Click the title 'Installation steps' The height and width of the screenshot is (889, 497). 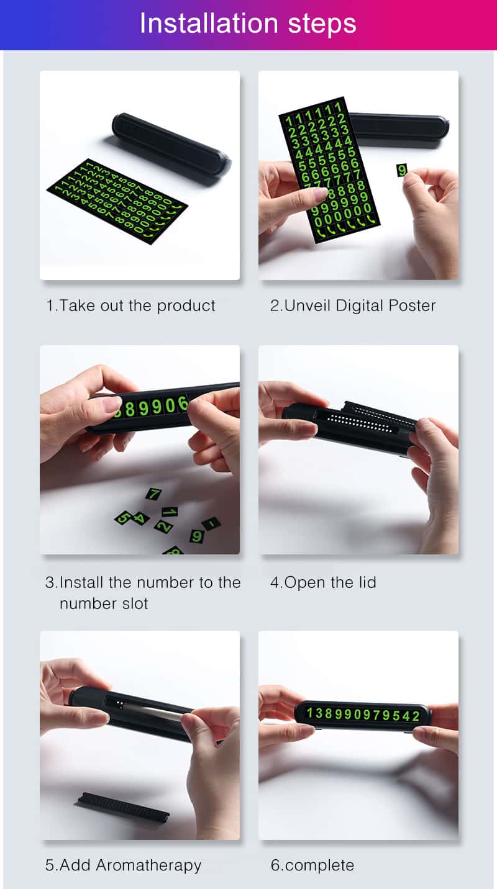pos(247,24)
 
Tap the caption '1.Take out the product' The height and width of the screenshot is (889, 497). pos(130,306)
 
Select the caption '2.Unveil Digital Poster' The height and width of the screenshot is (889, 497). pos(353,305)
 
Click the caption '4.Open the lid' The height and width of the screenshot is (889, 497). pos(323,582)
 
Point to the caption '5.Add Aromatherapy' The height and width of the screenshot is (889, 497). pos(123,865)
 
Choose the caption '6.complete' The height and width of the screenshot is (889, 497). pos(312,865)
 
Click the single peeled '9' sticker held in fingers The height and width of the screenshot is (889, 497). pos(402,170)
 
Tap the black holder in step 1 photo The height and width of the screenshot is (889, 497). pos(171,143)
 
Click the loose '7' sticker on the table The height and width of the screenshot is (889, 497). pos(153,494)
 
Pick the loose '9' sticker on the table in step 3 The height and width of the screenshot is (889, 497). pos(197,536)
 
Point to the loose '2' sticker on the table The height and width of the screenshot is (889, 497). pos(163,526)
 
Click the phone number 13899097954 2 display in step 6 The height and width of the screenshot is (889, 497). pos(363,715)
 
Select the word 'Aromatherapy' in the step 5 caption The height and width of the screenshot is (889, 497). pos(148,865)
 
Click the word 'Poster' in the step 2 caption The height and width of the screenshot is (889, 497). pos(412,305)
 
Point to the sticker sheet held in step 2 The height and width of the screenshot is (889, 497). pos(329,170)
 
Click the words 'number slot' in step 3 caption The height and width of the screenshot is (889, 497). pos(104,603)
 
